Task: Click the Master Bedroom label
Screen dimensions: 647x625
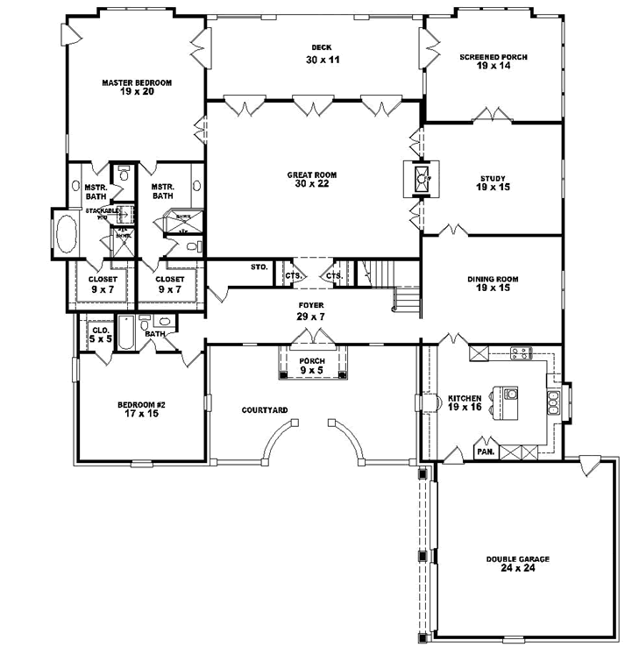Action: point(136,87)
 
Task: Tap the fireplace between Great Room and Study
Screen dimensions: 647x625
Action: point(423,179)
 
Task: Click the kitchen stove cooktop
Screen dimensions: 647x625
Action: point(521,353)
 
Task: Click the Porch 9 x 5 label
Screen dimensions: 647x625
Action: point(311,366)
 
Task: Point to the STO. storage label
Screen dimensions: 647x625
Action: point(258,267)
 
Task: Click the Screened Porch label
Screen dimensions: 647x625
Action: point(493,61)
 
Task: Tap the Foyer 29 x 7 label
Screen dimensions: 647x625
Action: point(311,309)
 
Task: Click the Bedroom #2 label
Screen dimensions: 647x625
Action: point(136,409)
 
